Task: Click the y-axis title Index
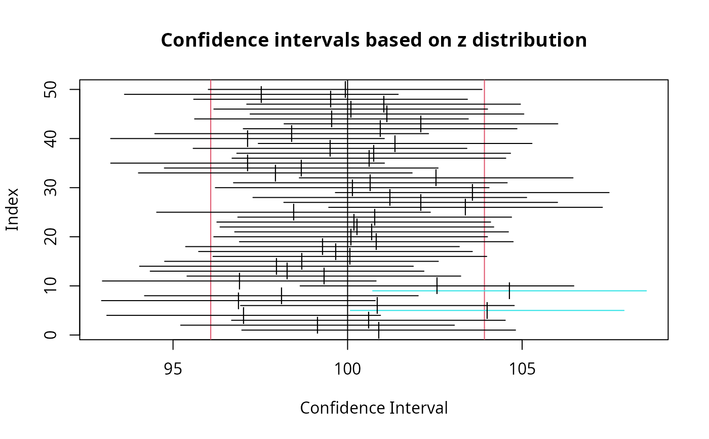12,209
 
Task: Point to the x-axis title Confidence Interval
374,408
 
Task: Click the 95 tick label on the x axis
173,357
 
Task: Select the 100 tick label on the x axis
347,357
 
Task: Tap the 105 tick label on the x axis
522,357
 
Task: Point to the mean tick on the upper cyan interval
509,291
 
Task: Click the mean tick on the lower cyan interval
487,310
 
